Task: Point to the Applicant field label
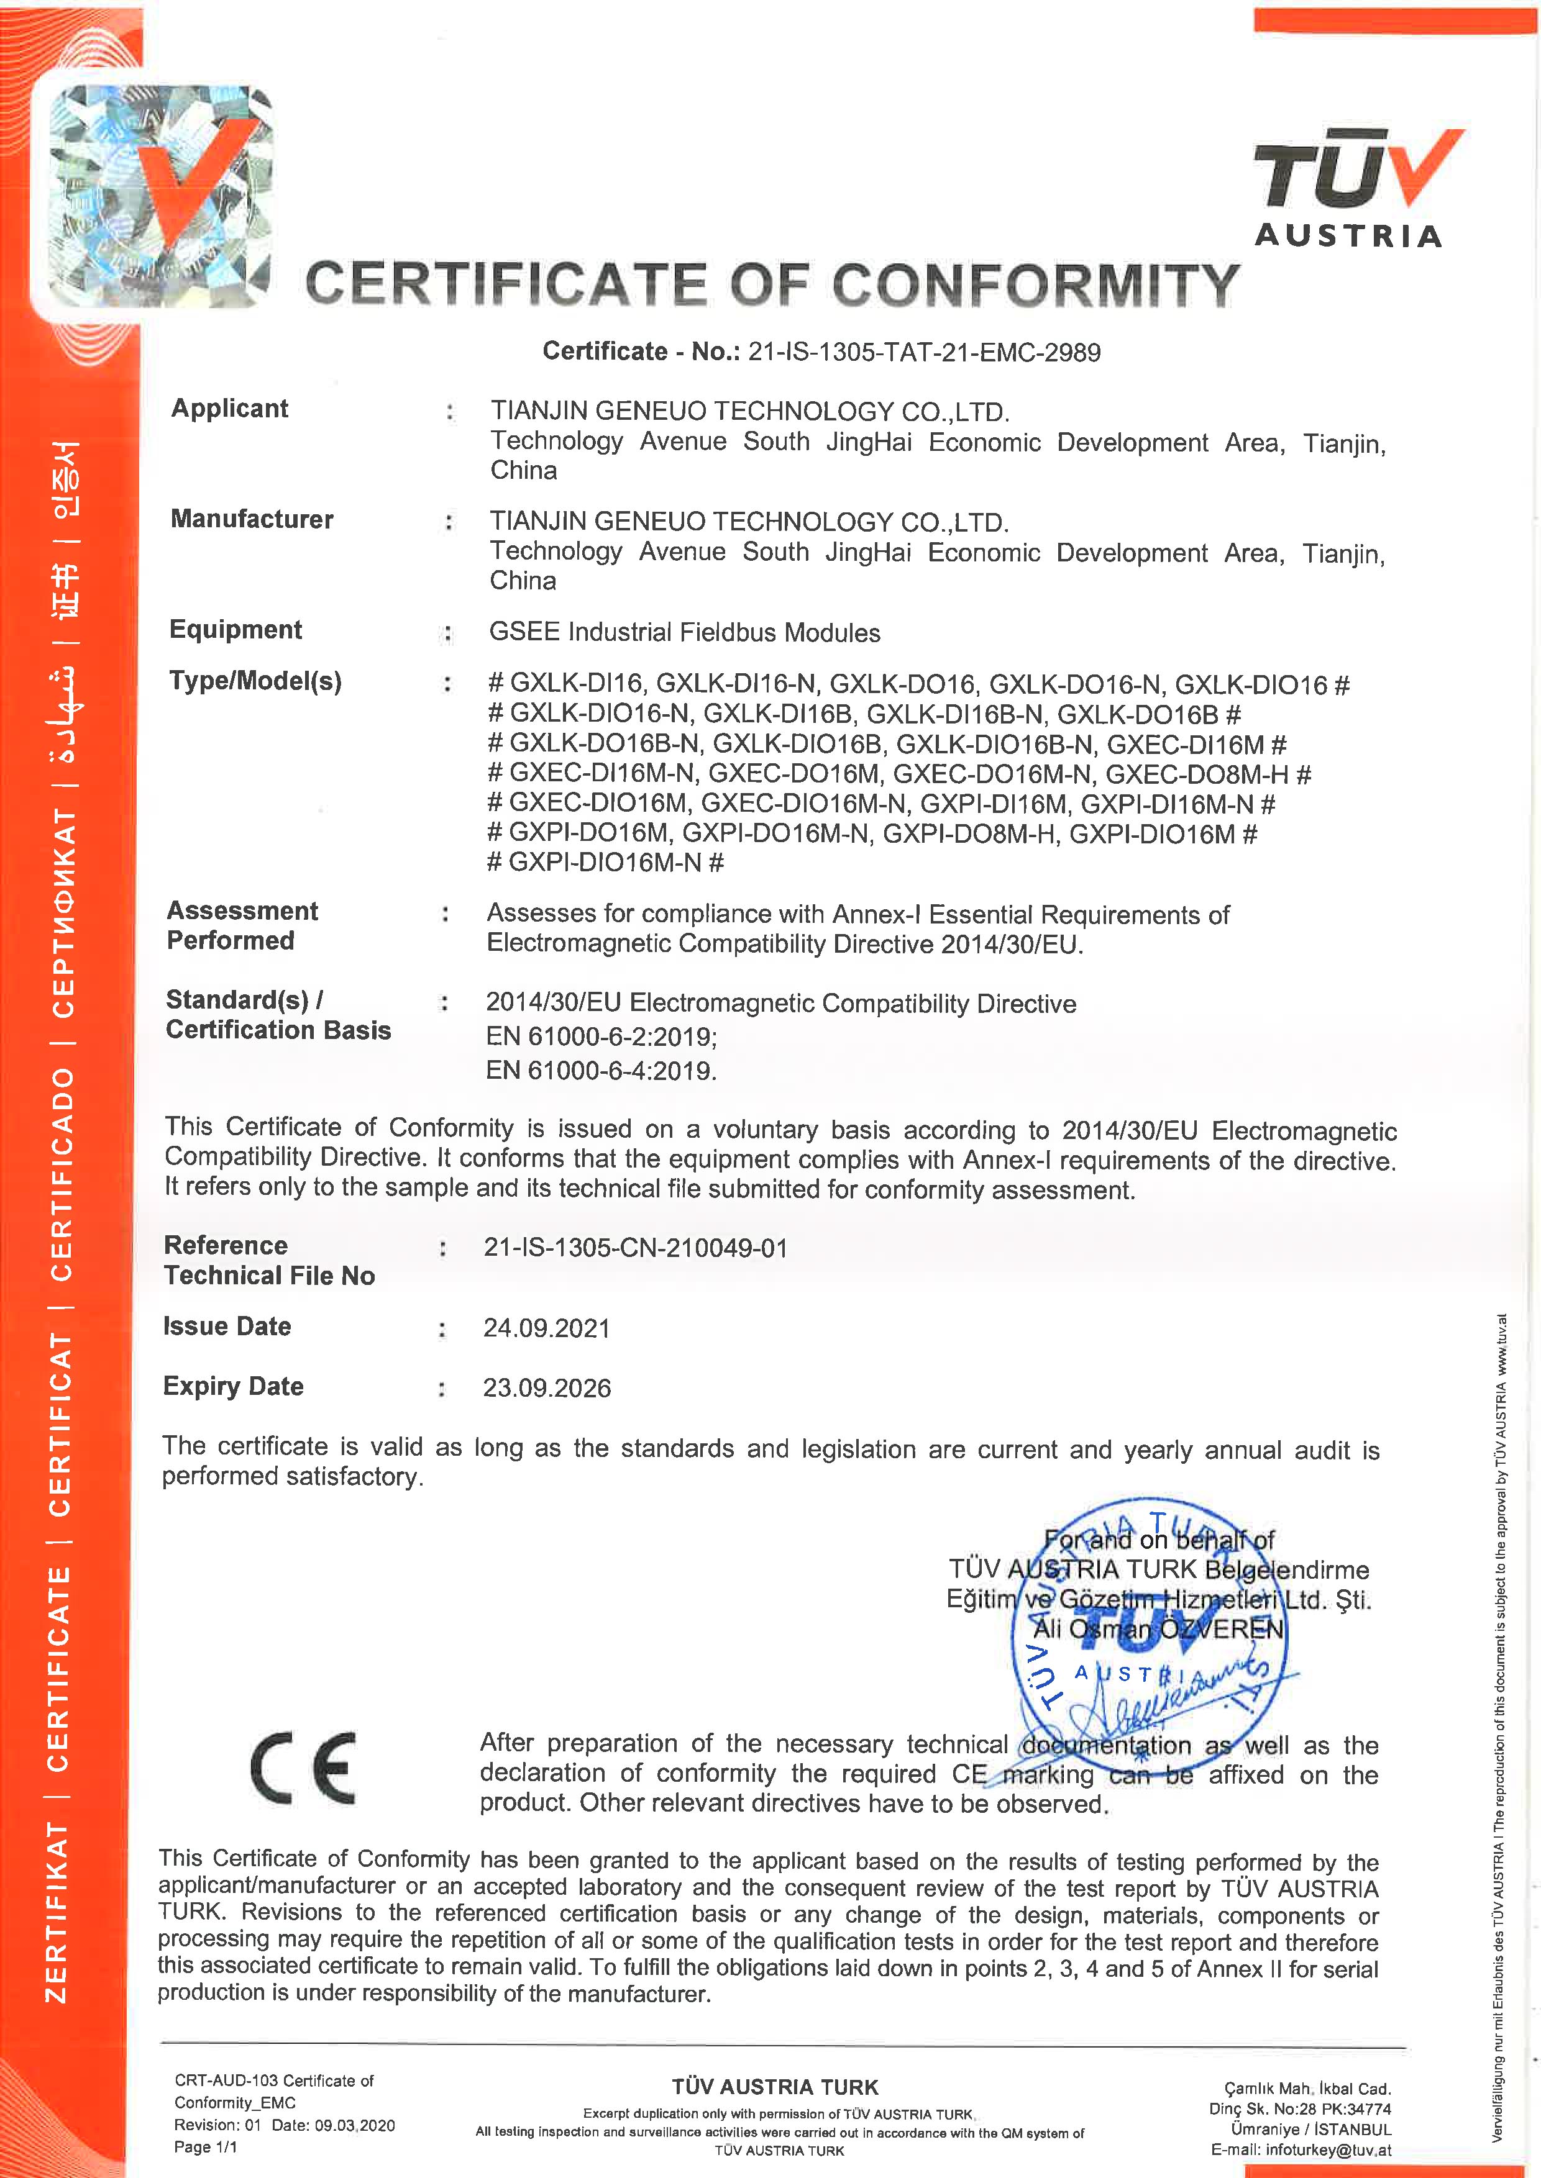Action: click(x=230, y=409)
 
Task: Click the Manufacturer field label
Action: click(x=252, y=519)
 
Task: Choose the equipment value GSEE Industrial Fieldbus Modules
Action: click(x=684, y=633)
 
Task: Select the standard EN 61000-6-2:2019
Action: click(x=601, y=1037)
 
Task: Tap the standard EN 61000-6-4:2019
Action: click(x=601, y=1071)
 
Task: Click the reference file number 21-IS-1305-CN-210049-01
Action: click(x=636, y=1248)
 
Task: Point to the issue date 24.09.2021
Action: click(x=547, y=1328)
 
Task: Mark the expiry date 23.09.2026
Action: click(x=547, y=1388)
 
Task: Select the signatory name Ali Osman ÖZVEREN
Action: click(x=1158, y=1629)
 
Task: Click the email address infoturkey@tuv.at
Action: click(x=1328, y=2151)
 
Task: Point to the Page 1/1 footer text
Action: click(x=206, y=2147)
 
